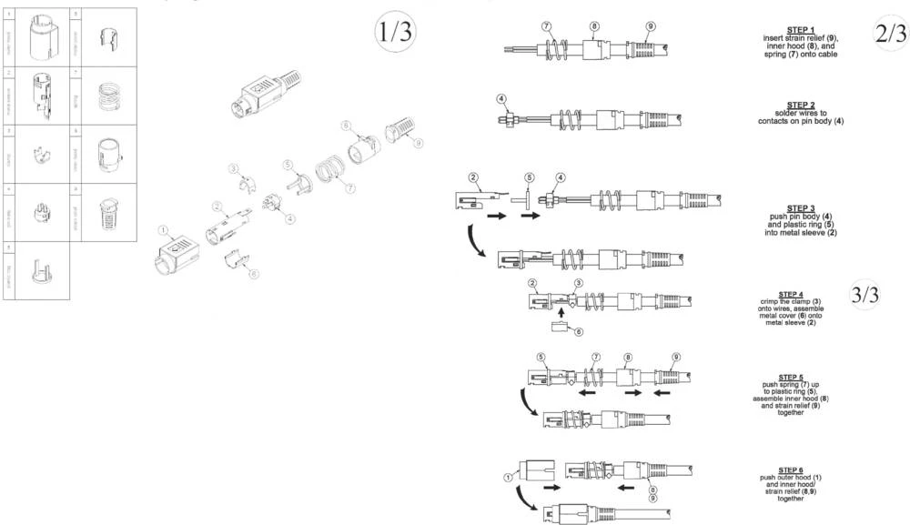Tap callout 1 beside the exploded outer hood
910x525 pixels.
pyautogui.click(x=164, y=231)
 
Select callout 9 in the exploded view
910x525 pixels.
pyautogui.click(x=418, y=143)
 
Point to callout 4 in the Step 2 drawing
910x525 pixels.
pyautogui.click(x=500, y=96)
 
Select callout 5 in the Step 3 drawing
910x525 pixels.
pyautogui.click(x=529, y=177)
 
